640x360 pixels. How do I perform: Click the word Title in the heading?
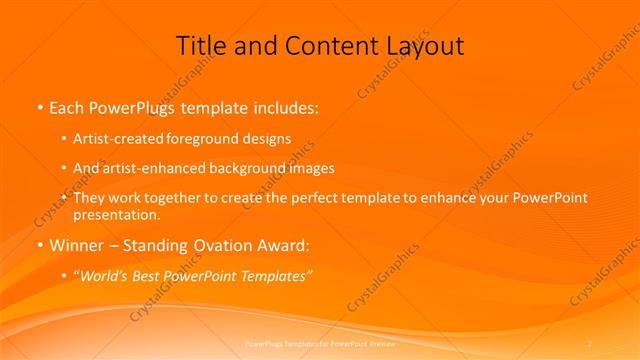[200, 46]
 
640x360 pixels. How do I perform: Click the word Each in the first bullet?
[68, 106]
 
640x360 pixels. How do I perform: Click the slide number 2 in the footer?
[590, 344]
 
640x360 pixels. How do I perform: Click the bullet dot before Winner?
[39, 246]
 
